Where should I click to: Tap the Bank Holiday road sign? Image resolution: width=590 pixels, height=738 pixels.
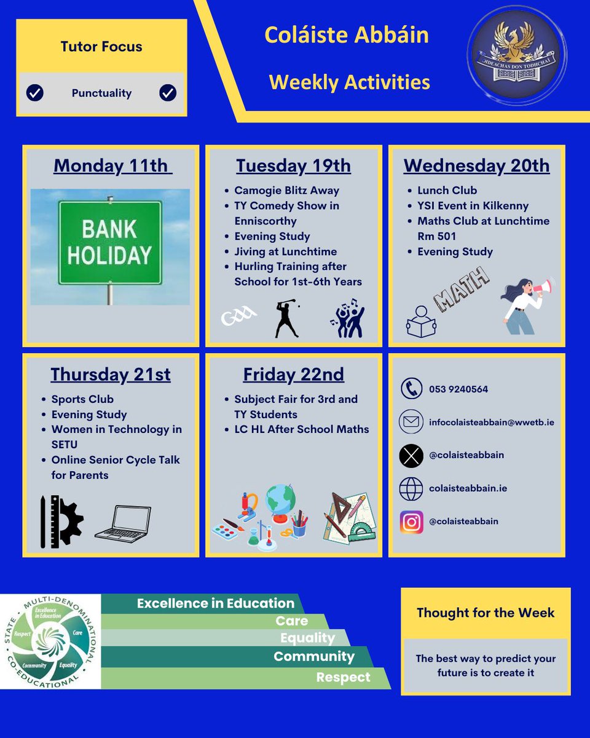pyautogui.click(x=110, y=242)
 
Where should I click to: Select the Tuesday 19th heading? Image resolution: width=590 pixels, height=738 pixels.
pyautogui.click(x=293, y=166)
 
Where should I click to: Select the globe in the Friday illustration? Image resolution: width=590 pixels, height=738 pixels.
pyautogui.click(x=280, y=499)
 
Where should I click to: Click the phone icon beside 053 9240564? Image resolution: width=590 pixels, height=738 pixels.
pyautogui.click(x=411, y=389)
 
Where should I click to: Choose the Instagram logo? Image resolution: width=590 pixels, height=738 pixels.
pyautogui.click(x=411, y=522)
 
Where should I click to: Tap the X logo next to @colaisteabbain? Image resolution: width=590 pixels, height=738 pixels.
pyautogui.click(x=411, y=455)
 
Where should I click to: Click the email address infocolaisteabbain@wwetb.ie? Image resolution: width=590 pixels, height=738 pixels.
pyautogui.click(x=492, y=423)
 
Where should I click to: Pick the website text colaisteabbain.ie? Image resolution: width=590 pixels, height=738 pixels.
pyautogui.click(x=468, y=488)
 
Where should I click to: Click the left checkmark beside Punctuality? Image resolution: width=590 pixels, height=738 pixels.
pyautogui.click(x=35, y=93)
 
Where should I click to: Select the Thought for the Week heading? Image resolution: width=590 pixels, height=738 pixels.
pyautogui.click(x=486, y=613)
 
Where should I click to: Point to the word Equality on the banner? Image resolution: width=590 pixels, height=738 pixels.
pyautogui.click(x=307, y=638)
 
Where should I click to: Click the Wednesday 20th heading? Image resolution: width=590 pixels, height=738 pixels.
pyautogui.click(x=477, y=166)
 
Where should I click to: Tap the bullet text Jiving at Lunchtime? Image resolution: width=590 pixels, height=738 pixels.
pyautogui.click(x=285, y=252)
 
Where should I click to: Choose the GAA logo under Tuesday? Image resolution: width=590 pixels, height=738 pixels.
pyautogui.click(x=238, y=318)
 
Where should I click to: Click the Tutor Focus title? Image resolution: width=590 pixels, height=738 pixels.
pyautogui.click(x=101, y=47)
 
